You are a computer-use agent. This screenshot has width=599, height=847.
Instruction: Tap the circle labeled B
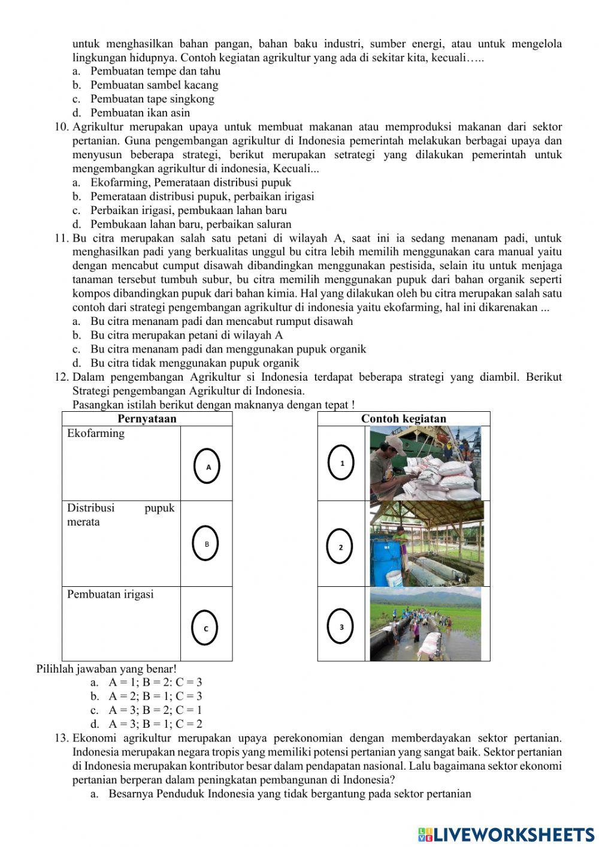click(x=207, y=544)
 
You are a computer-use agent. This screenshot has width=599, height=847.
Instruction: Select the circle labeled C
click(x=205, y=628)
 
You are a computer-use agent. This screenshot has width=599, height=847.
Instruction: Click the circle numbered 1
click(x=342, y=463)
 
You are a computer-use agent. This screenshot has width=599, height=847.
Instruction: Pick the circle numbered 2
click(x=340, y=547)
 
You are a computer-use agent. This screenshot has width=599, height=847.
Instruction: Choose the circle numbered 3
click(x=341, y=627)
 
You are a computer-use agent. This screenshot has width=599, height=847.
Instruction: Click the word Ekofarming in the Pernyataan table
click(x=96, y=433)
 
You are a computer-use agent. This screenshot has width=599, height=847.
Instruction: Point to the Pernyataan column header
click(x=147, y=418)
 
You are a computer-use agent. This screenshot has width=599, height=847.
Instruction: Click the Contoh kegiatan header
click(x=403, y=418)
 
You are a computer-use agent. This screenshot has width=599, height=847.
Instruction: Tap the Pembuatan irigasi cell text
click(x=110, y=594)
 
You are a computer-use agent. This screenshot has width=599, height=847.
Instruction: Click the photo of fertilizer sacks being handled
click(x=425, y=463)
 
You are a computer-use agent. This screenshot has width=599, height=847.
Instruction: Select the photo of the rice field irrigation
click(x=425, y=623)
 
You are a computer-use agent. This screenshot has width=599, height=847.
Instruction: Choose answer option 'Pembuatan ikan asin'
click(x=140, y=113)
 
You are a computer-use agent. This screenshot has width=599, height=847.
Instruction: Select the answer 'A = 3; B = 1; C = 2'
click(x=155, y=724)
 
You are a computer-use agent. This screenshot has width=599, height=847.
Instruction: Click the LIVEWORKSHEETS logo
click(x=506, y=834)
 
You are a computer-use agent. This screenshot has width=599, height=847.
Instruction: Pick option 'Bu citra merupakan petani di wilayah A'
click(x=186, y=335)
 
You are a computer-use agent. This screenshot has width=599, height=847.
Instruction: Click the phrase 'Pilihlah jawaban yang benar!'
click(x=107, y=668)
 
